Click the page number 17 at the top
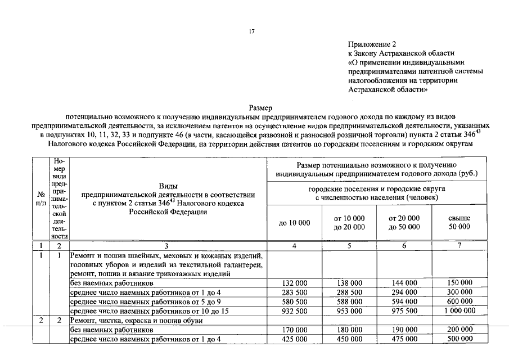coord(252,32)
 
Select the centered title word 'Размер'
coord(260,107)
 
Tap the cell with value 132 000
coord(294,283)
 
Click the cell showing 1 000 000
coord(459,310)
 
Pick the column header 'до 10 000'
coord(294,223)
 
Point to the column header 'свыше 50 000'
coord(459,223)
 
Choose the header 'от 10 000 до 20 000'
coord(349,223)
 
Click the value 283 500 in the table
coord(294,292)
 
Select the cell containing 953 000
coord(349,310)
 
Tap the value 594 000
coord(404,301)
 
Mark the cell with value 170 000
coord(294,330)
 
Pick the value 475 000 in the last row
coord(404,339)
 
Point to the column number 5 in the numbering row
coord(349,245)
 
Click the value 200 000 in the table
coord(459,330)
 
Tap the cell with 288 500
coord(349,292)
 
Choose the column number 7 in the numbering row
coord(459,245)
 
